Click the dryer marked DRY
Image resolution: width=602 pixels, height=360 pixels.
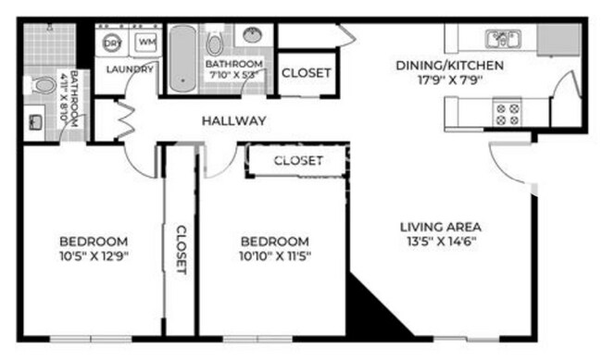[113, 43]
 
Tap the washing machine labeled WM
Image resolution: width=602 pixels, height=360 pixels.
[146, 43]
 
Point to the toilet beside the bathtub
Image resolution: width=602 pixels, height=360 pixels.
[215, 42]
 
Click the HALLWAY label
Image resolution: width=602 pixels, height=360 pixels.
[234, 120]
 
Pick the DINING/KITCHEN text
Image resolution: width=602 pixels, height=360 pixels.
[449, 65]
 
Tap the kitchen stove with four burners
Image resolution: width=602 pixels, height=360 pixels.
[507, 113]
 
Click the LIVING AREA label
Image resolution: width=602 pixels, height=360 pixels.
[440, 227]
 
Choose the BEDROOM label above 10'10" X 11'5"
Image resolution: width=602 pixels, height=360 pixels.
[273, 241]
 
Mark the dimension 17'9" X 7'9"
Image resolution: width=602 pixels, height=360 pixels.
[449, 81]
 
